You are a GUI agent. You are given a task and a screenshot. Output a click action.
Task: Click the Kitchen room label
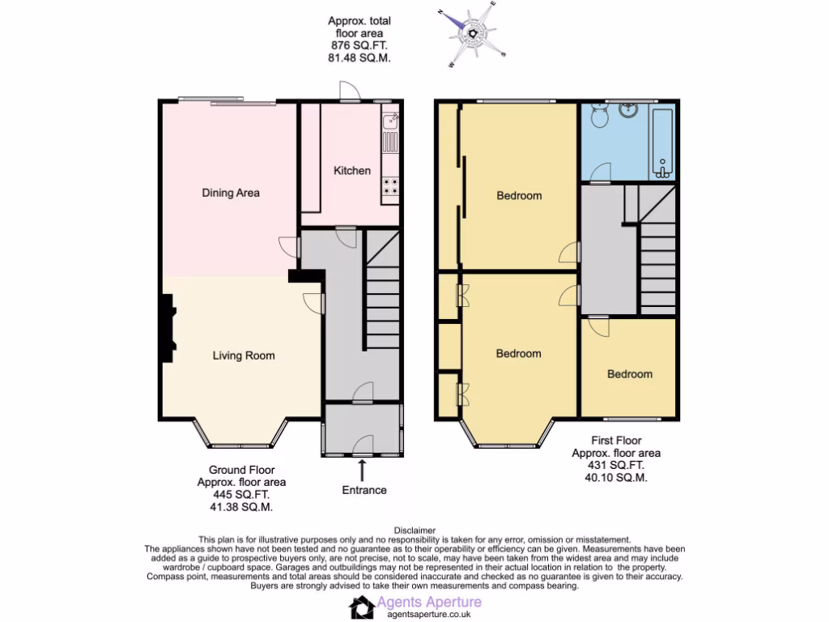352,170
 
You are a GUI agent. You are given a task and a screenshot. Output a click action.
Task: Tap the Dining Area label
231,193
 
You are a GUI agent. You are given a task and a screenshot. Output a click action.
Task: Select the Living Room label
244,355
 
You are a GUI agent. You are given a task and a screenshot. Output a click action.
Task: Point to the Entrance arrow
362,469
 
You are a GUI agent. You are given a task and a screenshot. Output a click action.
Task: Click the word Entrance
364,490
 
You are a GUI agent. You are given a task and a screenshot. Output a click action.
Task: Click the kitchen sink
390,122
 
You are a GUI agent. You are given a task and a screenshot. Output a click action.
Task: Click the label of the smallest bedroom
629,374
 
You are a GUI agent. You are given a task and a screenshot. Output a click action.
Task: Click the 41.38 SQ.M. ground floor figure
241,507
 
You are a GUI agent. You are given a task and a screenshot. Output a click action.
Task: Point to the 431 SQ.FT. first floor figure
615,466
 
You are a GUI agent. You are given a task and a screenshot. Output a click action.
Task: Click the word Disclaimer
414,530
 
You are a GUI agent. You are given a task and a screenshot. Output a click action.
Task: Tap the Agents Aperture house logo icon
362,607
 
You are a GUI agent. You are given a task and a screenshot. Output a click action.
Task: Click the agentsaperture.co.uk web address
429,614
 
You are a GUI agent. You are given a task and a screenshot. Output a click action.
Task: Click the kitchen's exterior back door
350,94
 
